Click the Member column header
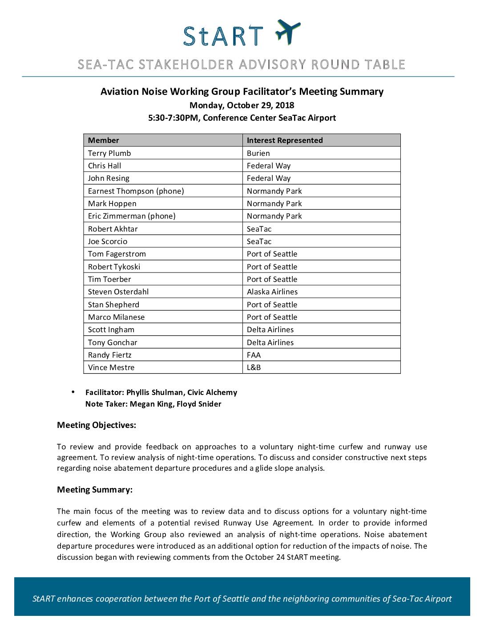pos(104,140)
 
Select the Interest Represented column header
pos(285,140)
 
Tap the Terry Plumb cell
pos(109,153)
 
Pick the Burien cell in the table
pos(258,153)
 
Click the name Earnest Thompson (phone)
pos(136,191)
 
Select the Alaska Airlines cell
pos(272,292)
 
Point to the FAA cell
pos(254,355)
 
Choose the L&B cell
pos(254,367)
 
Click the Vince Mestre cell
pos(111,367)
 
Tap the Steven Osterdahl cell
pos(118,292)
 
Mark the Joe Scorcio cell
pos(108,241)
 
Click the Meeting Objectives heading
pos(97,425)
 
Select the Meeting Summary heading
pos(95,490)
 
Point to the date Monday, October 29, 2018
pos(242,106)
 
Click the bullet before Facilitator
pos(73,392)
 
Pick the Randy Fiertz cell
pos(110,355)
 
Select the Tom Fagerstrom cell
pos(117,254)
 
